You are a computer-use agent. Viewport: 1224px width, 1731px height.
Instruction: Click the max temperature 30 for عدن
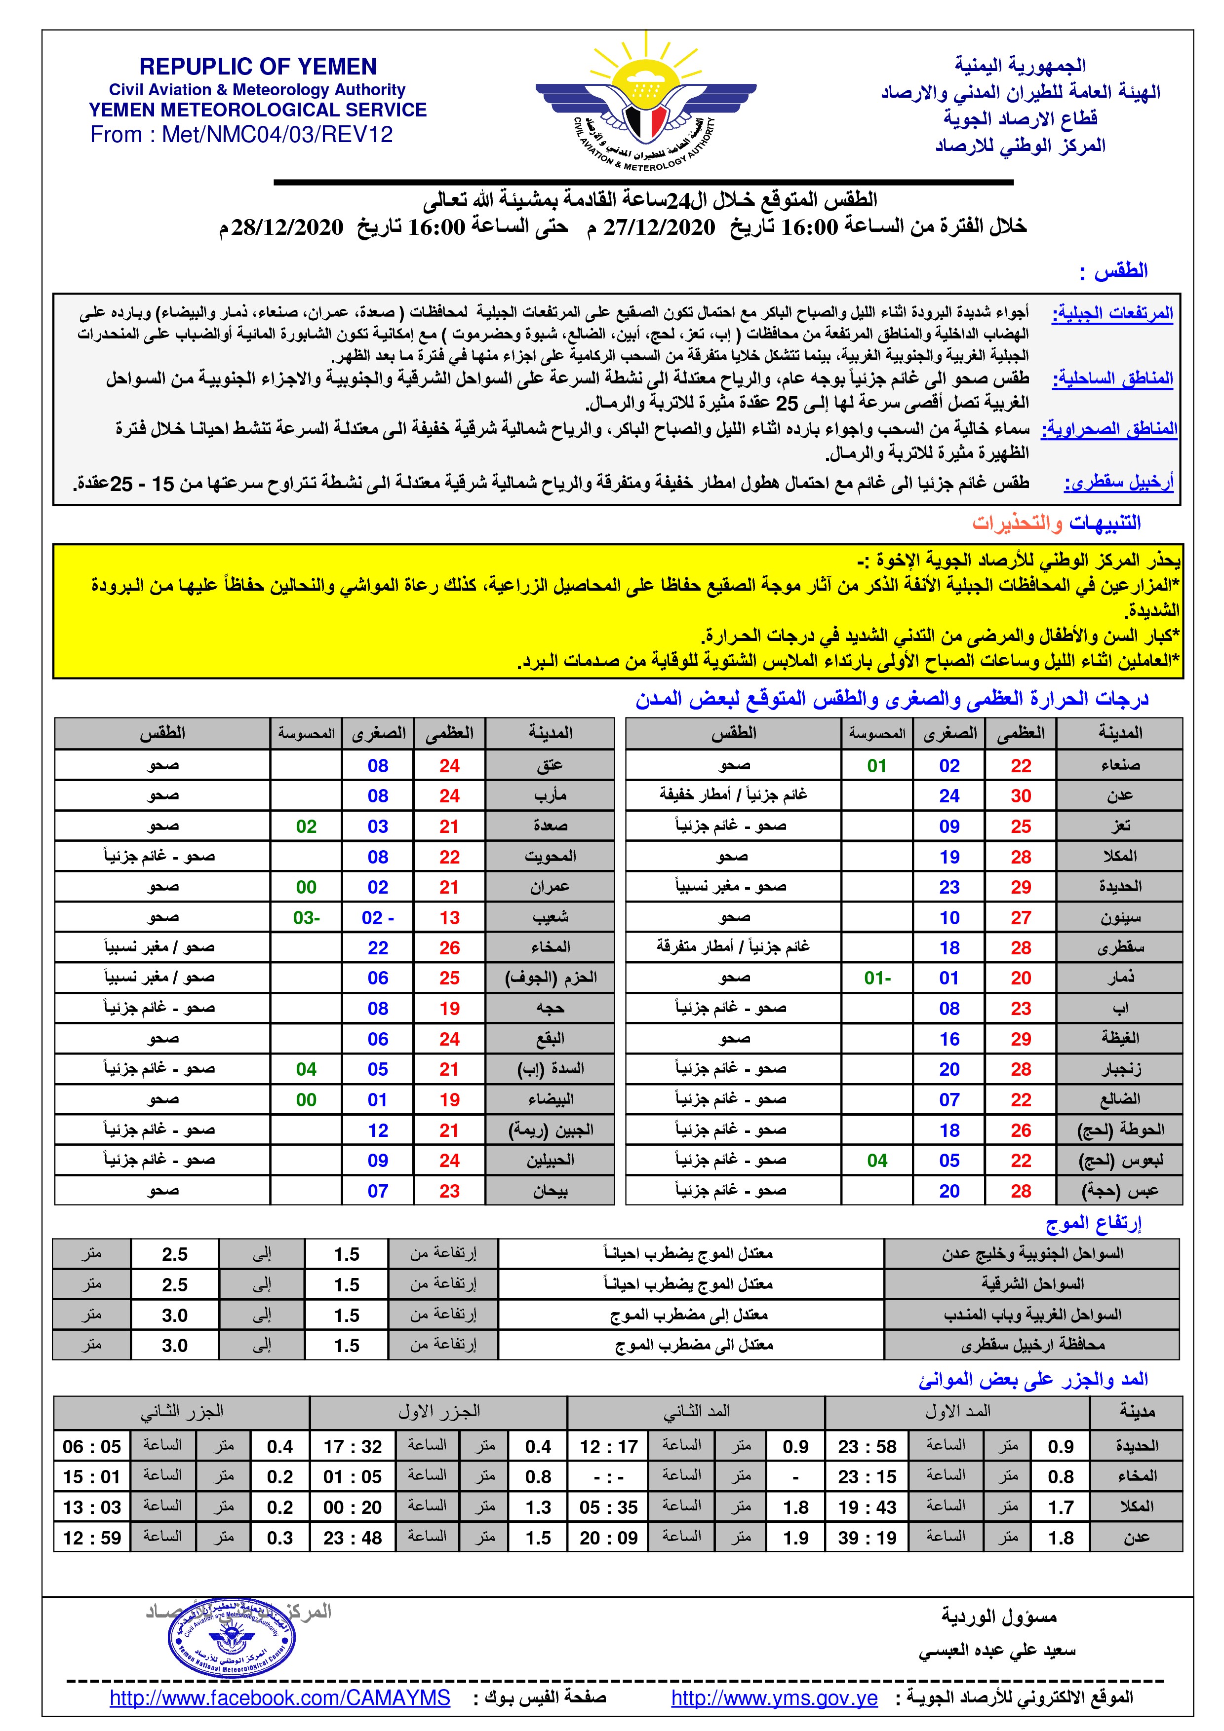[x=1021, y=796]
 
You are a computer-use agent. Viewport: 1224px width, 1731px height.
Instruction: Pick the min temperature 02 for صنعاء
[x=948, y=766]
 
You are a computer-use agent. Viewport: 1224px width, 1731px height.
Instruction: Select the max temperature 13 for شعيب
[x=449, y=917]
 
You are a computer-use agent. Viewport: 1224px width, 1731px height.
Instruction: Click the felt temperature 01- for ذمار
[x=877, y=978]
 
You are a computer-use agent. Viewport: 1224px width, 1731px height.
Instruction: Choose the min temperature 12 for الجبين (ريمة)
[x=378, y=1130]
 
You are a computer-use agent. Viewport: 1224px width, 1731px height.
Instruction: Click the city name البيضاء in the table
[x=550, y=1099]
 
